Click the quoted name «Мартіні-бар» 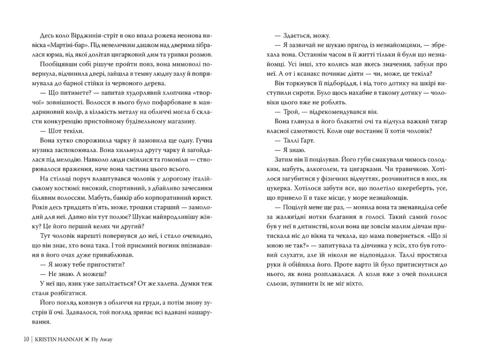click(58, 46)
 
